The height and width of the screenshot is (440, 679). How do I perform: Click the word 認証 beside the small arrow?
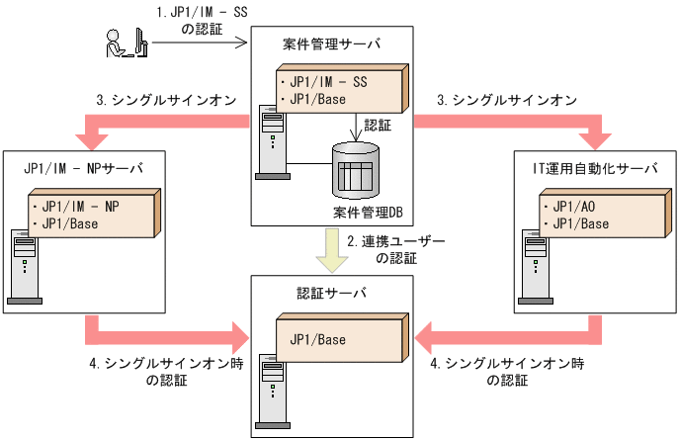[x=378, y=127]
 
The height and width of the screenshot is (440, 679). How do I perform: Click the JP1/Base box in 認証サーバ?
[x=340, y=339]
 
